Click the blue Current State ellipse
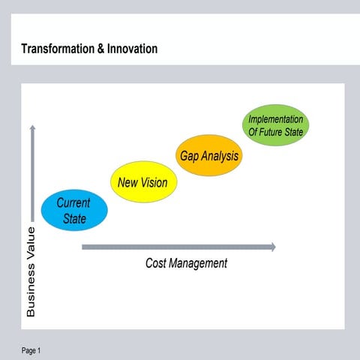click(x=74, y=210)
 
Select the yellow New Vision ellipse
click(x=142, y=182)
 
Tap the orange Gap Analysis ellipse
click(x=209, y=156)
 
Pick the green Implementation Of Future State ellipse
click(x=276, y=125)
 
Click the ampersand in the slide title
click(x=101, y=49)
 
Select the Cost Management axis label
click(x=186, y=263)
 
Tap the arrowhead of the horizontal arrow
click(x=272, y=247)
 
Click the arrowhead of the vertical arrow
click(x=31, y=128)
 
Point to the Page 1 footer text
click(x=31, y=350)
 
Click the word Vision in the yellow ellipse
click(x=153, y=182)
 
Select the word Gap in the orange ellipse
click(x=189, y=156)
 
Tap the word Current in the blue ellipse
click(x=73, y=202)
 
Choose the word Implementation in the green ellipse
click(x=276, y=119)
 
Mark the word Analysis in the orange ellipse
click(x=220, y=156)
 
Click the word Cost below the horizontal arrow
click(x=157, y=263)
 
